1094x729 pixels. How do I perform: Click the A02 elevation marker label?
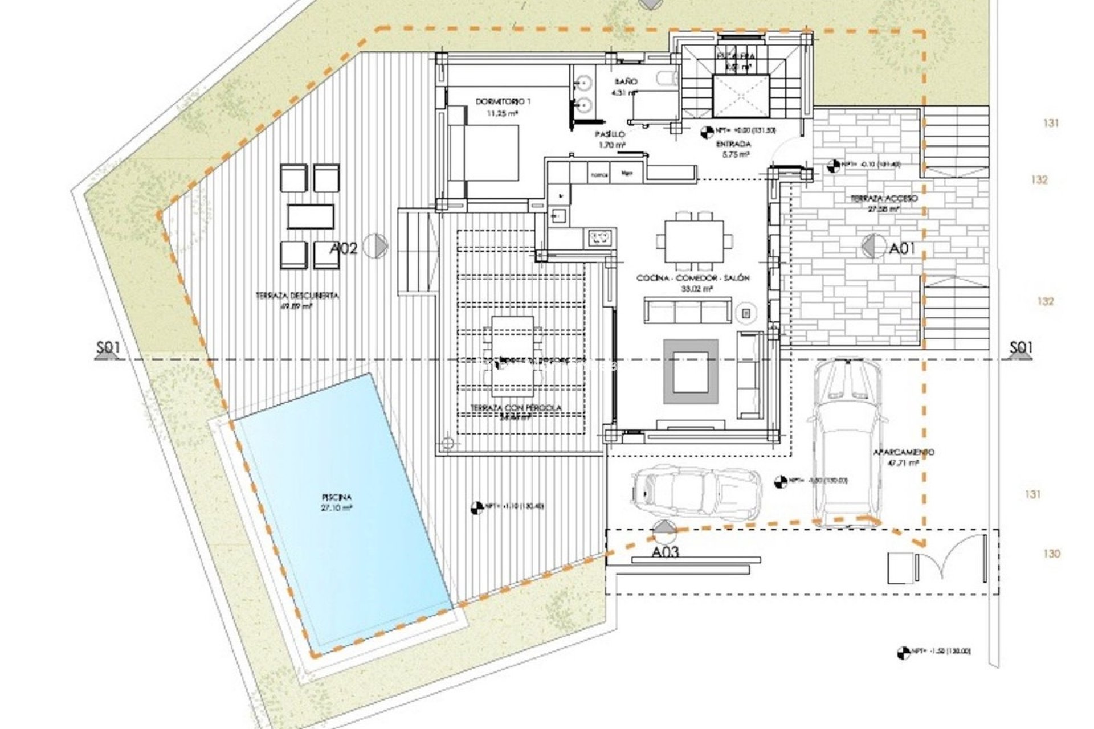pyautogui.click(x=343, y=248)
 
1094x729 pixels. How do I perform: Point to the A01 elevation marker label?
pyautogui.click(x=902, y=248)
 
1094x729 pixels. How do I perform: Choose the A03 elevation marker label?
pyautogui.click(x=665, y=552)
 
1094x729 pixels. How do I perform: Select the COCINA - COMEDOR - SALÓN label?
pyautogui.click(x=693, y=279)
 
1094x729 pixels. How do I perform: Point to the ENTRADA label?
pyautogui.click(x=733, y=144)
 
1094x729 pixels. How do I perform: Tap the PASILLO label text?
pyautogui.click(x=611, y=134)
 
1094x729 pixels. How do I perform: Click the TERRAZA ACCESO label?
pyautogui.click(x=883, y=199)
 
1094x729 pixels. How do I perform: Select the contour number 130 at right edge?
pyautogui.click(x=1052, y=554)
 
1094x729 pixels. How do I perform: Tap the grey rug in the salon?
pyautogui.click(x=690, y=371)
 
